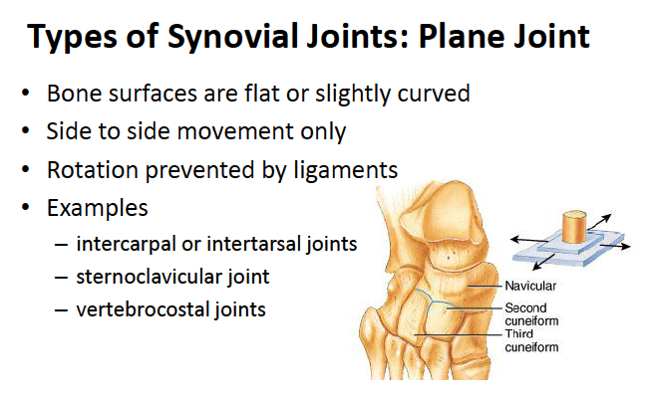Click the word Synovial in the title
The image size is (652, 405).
tap(234, 38)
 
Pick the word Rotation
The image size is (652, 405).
tap(93, 170)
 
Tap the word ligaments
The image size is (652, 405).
tap(346, 171)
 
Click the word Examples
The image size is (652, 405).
tap(98, 208)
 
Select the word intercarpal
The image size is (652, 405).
tap(127, 244)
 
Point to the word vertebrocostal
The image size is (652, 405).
tap(143, 309)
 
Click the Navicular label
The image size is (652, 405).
tap(530, 286)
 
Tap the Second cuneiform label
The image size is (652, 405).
tap(531, 314)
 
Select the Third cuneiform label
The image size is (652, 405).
tap(531, 340)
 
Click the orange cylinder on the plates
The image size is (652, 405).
tap(574, 228)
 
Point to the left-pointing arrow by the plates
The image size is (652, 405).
tap(529, 240)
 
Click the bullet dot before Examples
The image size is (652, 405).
tap(26, 207)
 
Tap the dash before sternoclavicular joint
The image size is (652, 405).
tap(61, 278)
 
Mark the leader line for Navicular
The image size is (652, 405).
tap(485, 287)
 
